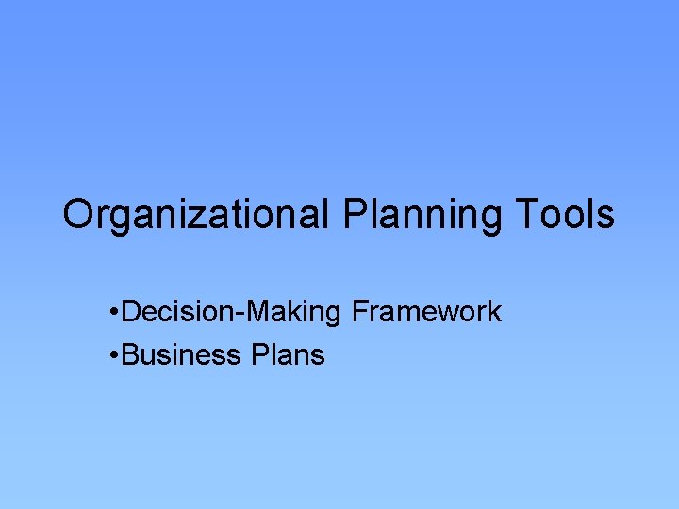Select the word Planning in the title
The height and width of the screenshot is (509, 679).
tap(422, 215)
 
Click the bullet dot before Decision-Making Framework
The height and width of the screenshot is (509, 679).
tap(113, 312)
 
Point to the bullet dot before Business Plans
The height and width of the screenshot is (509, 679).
tap(113, 355)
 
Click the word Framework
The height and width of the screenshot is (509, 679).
tap(426, 311)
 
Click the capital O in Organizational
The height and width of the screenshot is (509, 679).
tap(78, 215)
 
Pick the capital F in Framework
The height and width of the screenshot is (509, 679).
tap(359, 311)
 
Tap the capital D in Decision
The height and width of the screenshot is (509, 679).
tap(131, 311)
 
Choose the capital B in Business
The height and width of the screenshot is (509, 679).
tap(130, 355)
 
